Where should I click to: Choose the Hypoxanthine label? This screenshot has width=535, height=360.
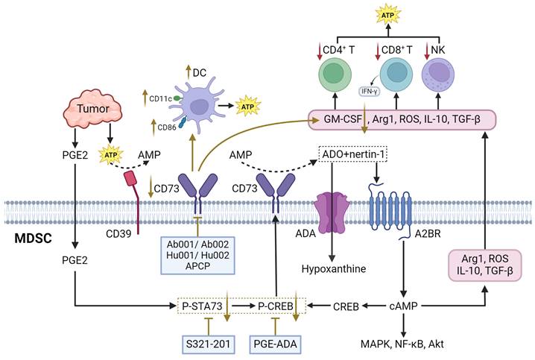click(329, 268)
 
